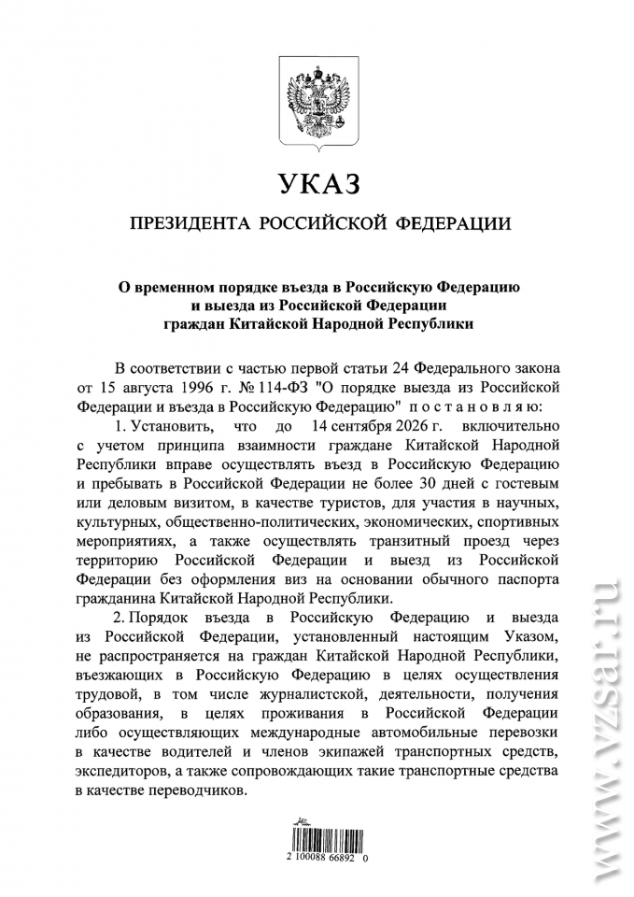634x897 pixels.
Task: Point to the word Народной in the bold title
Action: (x=361, y=323)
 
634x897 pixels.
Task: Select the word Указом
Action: (x=525, y=638)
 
